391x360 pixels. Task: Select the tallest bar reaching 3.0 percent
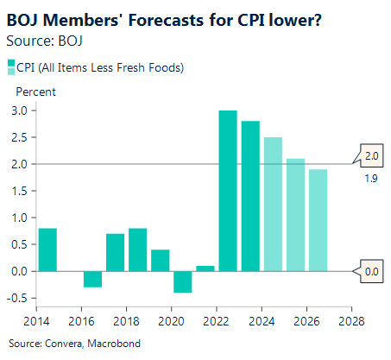click(228, 191)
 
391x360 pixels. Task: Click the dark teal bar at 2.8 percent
click(250, 196)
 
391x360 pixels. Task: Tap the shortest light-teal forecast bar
click(318, 220)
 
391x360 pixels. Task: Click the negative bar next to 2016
click(93, 279)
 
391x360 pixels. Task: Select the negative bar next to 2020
click(183, 281)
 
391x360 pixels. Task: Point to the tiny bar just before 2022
click(205, 268)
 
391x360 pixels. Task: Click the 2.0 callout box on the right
click(372, 156)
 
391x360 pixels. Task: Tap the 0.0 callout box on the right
click(372, 271)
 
